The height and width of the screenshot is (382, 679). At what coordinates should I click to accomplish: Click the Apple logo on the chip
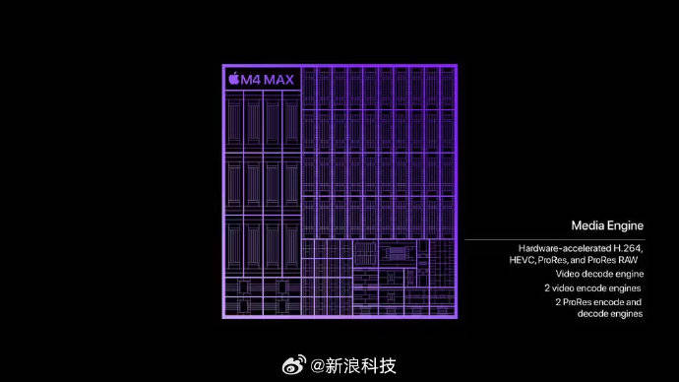click(233, 79)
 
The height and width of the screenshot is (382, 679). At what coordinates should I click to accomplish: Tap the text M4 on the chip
click(250, 79)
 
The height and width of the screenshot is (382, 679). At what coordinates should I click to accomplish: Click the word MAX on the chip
click(278, 79)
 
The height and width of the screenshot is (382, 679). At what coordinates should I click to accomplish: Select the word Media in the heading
click(588, 225)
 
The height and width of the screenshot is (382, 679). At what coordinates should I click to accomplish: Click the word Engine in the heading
click(625, 225)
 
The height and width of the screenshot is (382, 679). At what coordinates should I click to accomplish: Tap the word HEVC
click(522, 259)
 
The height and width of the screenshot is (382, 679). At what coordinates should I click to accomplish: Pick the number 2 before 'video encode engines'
click(547, 287)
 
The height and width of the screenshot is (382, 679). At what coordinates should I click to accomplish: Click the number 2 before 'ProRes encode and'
click(558, 301)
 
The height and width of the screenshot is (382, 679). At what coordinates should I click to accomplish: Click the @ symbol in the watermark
click(317, 366)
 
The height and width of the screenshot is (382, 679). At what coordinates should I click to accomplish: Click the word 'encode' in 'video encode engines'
click(594, 287)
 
